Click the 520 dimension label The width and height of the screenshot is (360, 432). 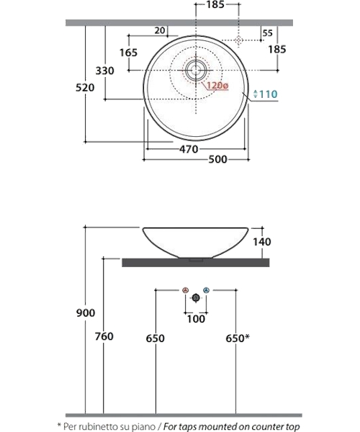click(x=85, y=88)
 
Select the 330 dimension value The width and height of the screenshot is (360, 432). click(x=104, y=71)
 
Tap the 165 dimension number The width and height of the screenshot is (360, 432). click(x=128, y=53)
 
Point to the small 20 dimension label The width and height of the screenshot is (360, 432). click(x=160, y=30)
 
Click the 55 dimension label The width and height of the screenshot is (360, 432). click(x=267, y=33)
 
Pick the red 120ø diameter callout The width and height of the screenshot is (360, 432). click(x=217, y=86)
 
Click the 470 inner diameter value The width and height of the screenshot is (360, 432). click(x=189, y=149)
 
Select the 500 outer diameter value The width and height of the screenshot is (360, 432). click(x=218, y=159)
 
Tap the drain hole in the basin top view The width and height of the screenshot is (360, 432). click(x=196, y=71)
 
